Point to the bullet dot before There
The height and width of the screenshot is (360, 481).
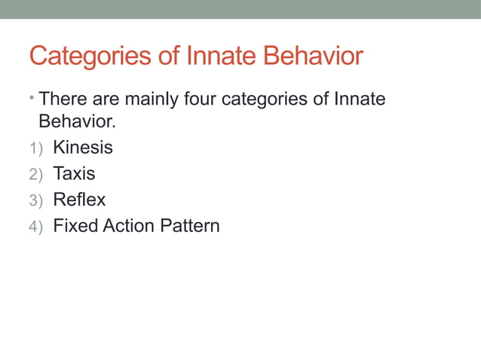point(33,97)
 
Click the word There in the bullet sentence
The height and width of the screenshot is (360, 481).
point(63,99)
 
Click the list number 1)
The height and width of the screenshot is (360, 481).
point(35,148)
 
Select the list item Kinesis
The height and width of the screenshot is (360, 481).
point(82,148)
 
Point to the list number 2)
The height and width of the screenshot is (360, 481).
point(35,175)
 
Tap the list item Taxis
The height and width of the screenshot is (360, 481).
point(74,174)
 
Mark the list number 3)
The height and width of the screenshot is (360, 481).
point(35,201)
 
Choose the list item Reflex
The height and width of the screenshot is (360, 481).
point(78,200)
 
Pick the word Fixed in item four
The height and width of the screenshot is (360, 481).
point(73,226)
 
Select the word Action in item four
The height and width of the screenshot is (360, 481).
point(126,226)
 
